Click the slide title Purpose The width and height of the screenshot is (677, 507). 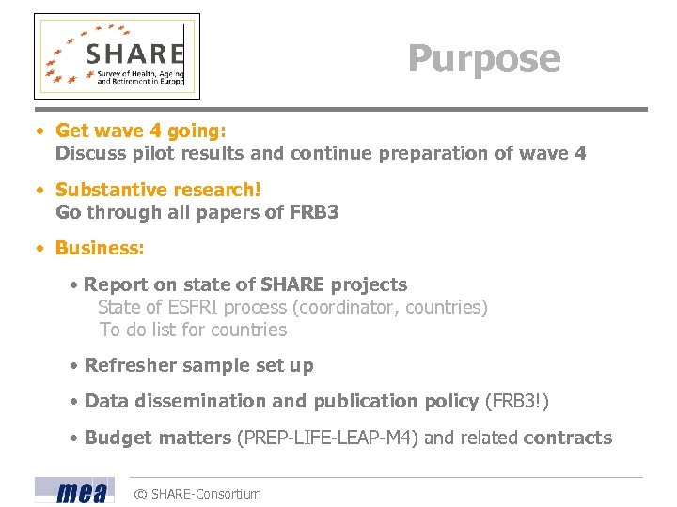pyautogui.click(x=484, y=58)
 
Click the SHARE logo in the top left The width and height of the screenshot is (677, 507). pyautogui.click(x=118, y=56)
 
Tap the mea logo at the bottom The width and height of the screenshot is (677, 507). pyautogui.click(x=74, y=491)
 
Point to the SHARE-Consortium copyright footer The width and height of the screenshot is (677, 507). pyautogui.click(x=197, y=494)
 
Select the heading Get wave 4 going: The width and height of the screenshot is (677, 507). pyautogui.click(x=141, y=131)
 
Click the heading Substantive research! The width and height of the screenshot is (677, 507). pyautogui.click(x=158, y=190)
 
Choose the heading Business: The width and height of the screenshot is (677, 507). pyautogui.click(x=100, y=248)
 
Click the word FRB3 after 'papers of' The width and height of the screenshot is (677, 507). pyautogui.click(x=314, y=212)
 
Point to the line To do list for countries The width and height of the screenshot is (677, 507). pyautogui.click(x=193, y=330)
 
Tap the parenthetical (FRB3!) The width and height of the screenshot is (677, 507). pyautogui.click(x=516, y=401)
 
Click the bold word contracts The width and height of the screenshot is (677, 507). pyautogui.click(x=567, y=438)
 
